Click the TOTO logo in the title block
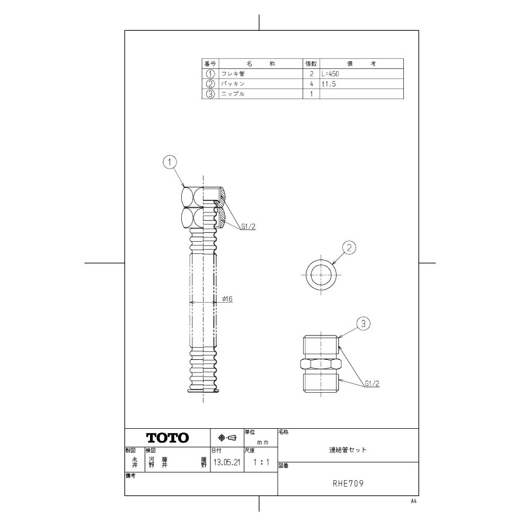tap(167, 438)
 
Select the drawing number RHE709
tap(348, 484)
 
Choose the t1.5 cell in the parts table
tap(329, 84)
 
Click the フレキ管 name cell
tap(233, 74)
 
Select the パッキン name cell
tap(233, 84)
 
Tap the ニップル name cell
tap(233, 94)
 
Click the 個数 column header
tap(311, 64)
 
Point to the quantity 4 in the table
tap(312, 84)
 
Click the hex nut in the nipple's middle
tap(321, 364)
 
